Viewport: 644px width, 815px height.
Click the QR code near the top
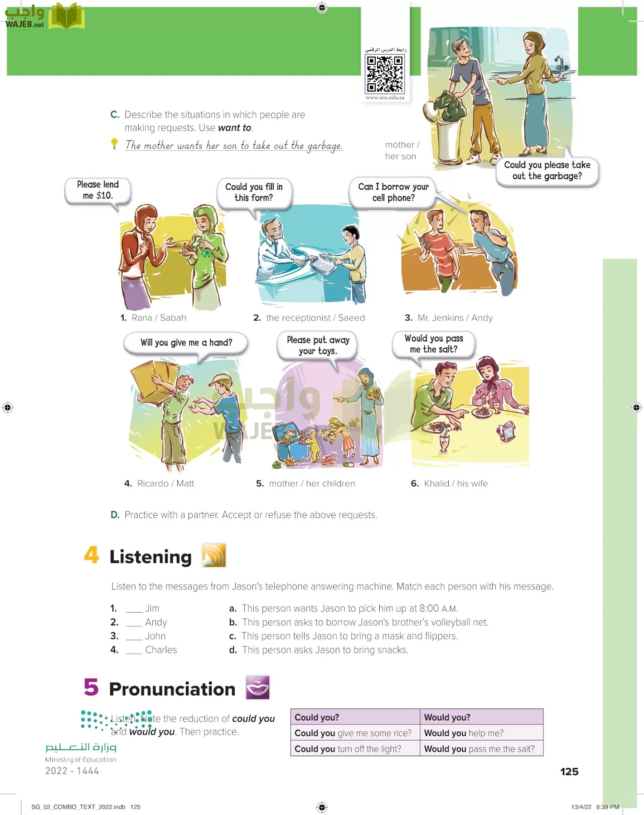coord(385,73)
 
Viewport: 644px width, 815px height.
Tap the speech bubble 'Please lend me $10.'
coord(98,190)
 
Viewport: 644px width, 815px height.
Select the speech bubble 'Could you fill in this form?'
coord(254,192)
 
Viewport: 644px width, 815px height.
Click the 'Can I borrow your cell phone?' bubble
coord(393,192)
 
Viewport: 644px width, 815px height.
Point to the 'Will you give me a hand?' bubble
coord(186,343)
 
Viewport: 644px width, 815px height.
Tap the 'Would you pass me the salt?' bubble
coord(433,344)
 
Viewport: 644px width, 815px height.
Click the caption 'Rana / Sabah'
coord(159,318)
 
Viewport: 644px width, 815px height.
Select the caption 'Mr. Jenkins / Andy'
coord(455,318)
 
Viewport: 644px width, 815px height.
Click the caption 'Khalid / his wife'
coord(455,484)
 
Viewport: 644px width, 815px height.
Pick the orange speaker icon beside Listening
coord(214,555)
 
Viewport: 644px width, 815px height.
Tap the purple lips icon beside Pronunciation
coord(257,687)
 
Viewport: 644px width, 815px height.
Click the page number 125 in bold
coord(569,772)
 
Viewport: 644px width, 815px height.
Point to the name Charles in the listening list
coord(161,650)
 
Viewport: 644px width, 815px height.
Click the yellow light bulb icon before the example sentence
coord(115,144)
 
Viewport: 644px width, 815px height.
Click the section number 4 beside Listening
coord(91,555)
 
